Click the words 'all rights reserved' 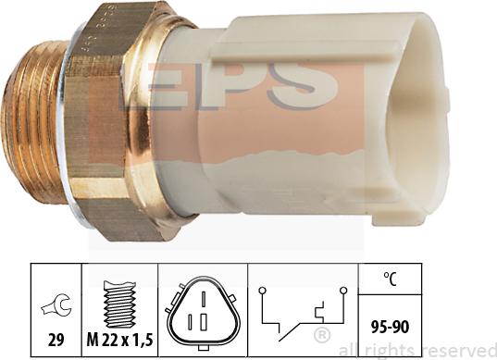[x=416, y=351]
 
